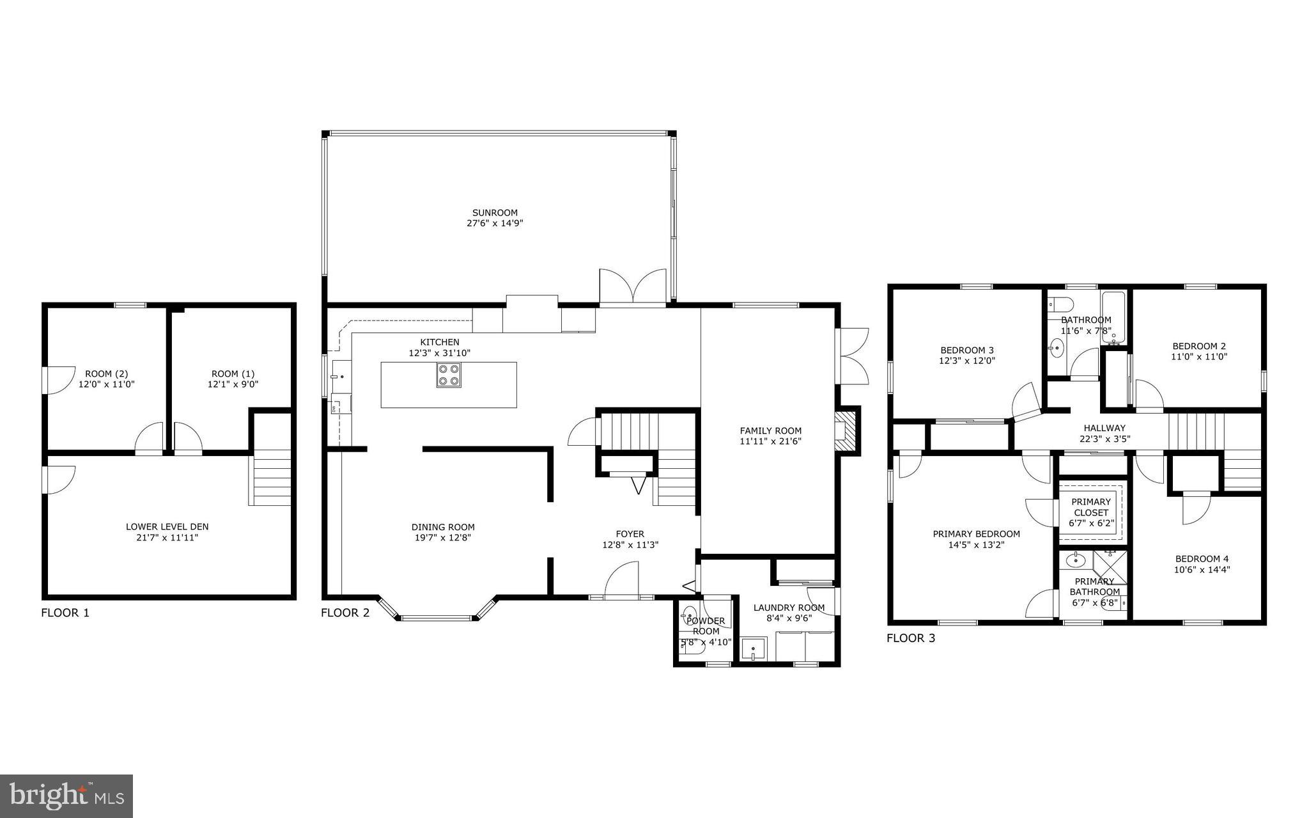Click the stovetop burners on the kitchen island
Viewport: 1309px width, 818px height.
(x=449, y=375)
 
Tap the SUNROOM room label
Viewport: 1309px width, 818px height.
(x=495, y=213)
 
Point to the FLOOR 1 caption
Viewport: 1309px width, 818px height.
(x=65, y=613)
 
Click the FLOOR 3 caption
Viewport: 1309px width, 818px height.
(x=911, y=638)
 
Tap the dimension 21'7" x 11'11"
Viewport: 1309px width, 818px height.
(x=167, y=538)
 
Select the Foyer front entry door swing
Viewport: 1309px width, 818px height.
(x=621, y=579)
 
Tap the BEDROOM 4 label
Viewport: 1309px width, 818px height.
(x=1201, y=558)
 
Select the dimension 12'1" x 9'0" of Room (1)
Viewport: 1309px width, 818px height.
(x=233, y=384)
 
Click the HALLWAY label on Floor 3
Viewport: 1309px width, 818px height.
(x=1104, y=428)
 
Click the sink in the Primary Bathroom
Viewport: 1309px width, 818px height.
(x=1076, y=561)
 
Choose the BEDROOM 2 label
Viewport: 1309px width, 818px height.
(x=1198, y=346)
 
